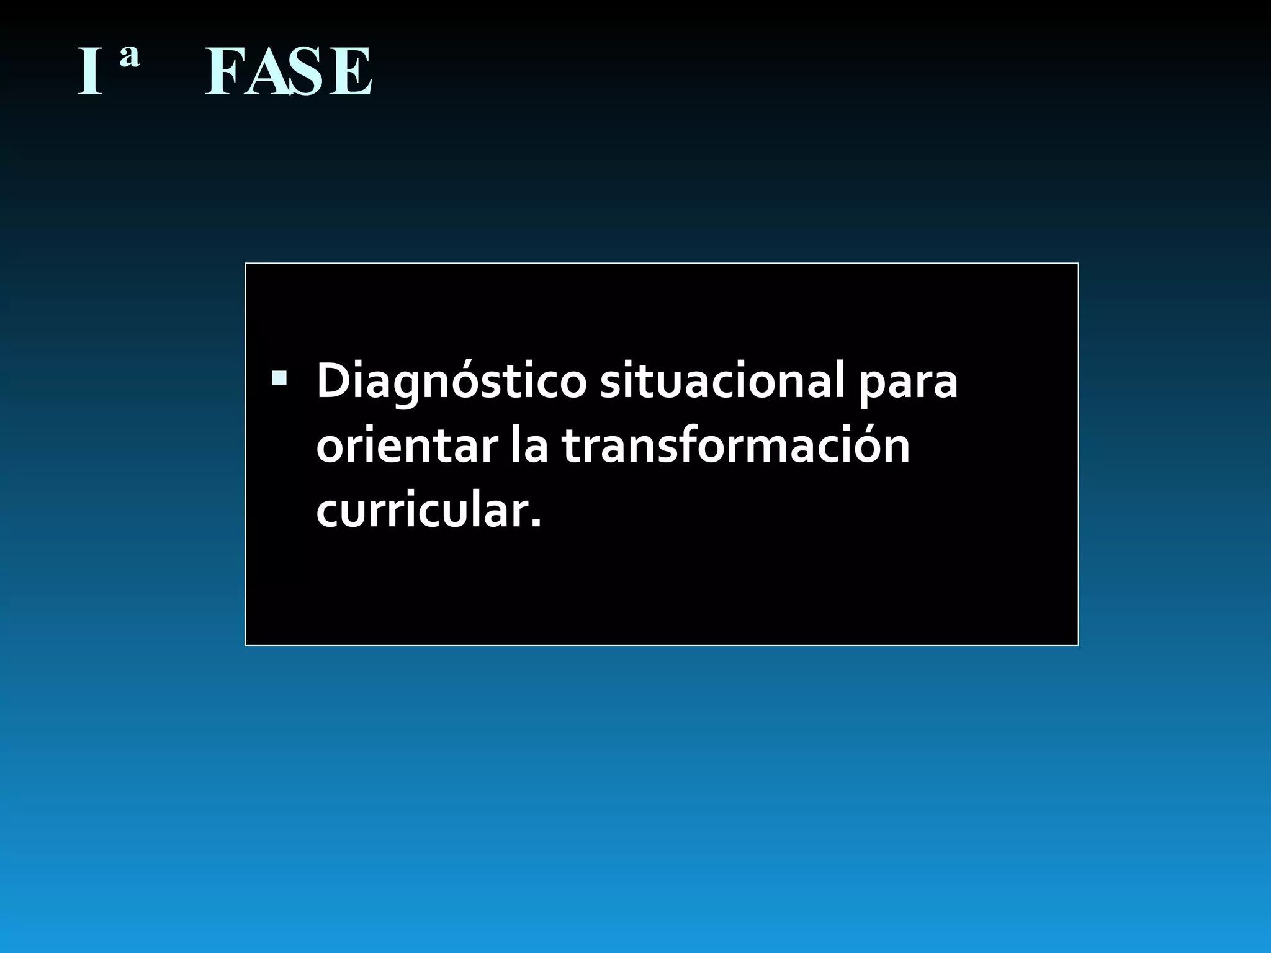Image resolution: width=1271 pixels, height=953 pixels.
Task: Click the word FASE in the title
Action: (289, 73)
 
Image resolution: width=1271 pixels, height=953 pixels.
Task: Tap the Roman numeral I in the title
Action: (89, 73)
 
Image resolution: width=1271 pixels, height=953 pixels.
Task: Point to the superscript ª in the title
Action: (129, 58)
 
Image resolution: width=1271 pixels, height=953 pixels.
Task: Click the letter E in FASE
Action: (351, 73)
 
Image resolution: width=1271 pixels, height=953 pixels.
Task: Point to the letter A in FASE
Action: (267, 73)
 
